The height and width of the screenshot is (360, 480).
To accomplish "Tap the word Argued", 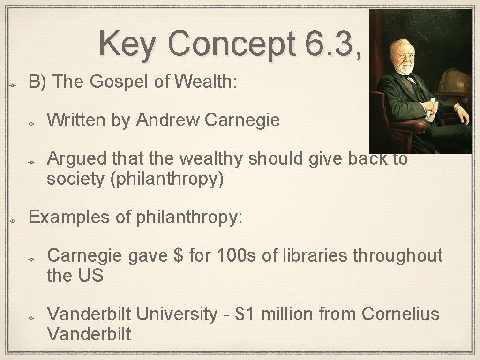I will point(75,159).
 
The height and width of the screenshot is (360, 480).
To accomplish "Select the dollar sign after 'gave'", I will point(178,256).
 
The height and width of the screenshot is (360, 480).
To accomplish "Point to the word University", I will point(178,314).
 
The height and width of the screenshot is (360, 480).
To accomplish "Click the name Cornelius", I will point(400,314).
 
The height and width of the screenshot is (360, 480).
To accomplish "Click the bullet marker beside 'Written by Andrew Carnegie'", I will point(31,122).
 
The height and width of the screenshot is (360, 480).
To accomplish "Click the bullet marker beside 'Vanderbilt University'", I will point(31,316).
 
